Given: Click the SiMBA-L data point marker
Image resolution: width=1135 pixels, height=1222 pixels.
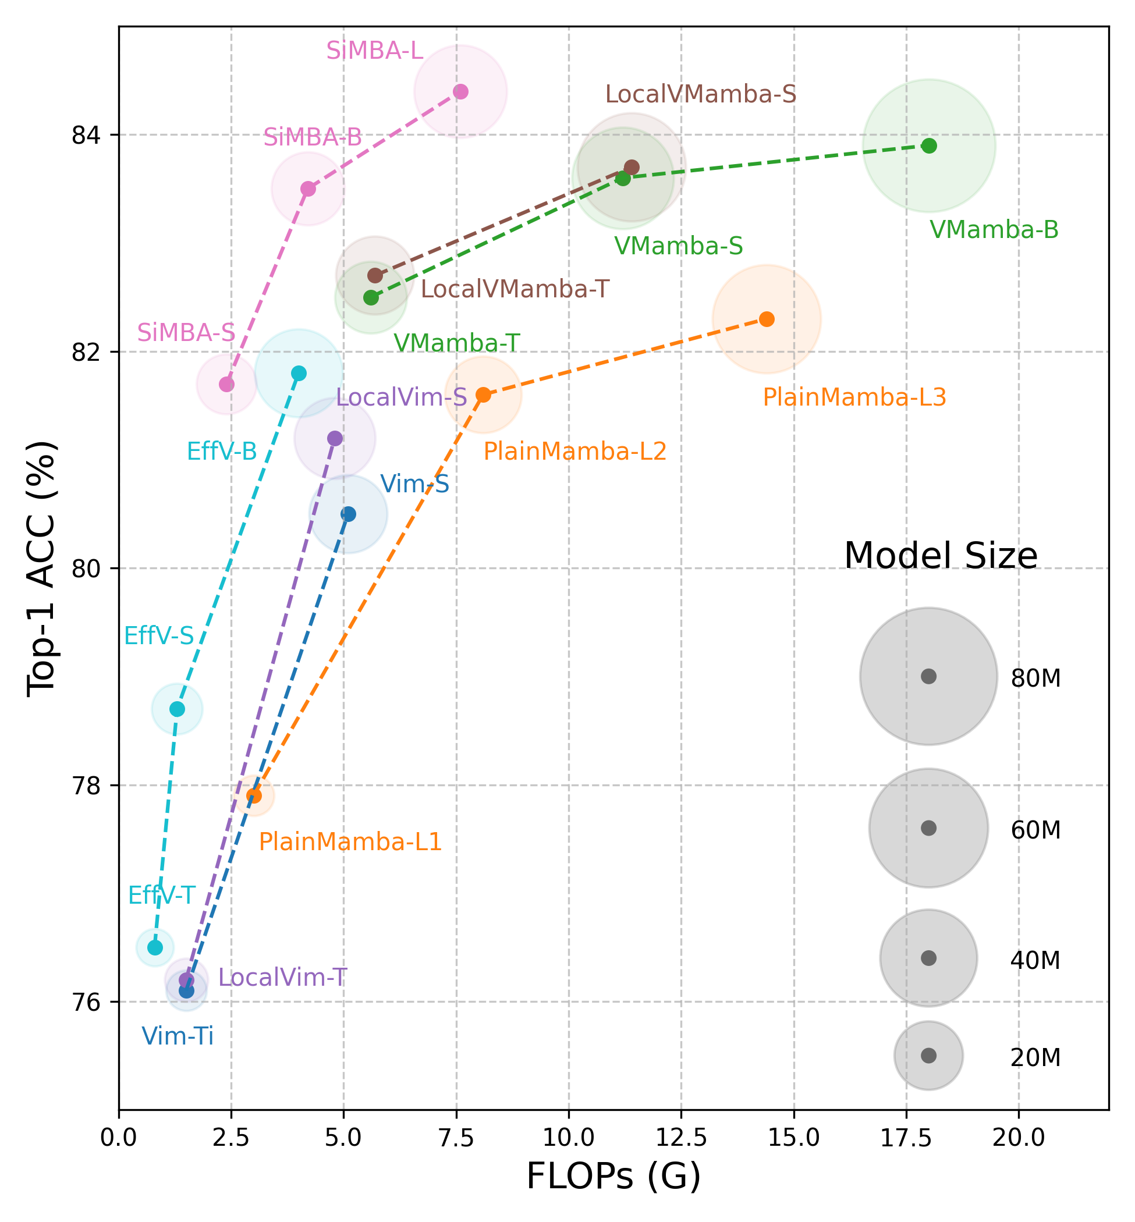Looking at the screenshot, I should tap(460, 91).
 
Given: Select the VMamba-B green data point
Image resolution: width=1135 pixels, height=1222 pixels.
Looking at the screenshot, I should tap(930, 145).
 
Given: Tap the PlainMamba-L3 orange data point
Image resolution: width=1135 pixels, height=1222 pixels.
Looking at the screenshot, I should tap(767, 319).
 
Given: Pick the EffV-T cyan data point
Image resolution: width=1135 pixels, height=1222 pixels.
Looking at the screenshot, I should tap(155, 947).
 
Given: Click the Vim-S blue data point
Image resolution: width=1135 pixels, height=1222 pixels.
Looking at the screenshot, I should tap(348, 514).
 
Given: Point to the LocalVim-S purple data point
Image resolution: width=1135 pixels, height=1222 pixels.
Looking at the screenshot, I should tap(335, 438).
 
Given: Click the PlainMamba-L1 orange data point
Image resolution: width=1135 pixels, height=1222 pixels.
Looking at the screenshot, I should tap(254, 795).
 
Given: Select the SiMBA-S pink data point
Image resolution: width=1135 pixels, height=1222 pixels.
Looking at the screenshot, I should tap(226, 385).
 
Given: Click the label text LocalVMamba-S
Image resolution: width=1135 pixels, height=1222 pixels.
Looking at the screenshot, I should tap(700, 95).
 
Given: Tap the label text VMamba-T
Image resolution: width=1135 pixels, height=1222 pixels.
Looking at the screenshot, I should tap(456, 343).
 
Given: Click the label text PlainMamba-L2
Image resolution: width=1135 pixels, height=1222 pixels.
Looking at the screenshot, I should tap(574, 452).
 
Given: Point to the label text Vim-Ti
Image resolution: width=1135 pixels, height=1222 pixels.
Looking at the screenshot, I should tap(178, 1036).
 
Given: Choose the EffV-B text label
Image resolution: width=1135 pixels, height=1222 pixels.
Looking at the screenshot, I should tap(222, 452).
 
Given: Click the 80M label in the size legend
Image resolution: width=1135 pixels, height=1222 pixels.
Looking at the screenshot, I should tap(1035, 678).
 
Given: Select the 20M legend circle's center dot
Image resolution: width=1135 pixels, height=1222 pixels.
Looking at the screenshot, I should tap(928, 1055).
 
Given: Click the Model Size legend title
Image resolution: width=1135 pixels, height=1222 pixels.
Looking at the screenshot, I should tap(941, 556).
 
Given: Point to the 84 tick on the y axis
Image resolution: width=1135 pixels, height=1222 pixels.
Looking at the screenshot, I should tap(86, 134).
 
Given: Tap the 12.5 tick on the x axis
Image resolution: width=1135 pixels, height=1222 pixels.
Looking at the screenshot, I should tap(681, 1138).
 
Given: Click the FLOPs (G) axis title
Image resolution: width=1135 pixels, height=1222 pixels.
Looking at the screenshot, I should tap(613, 1177).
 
